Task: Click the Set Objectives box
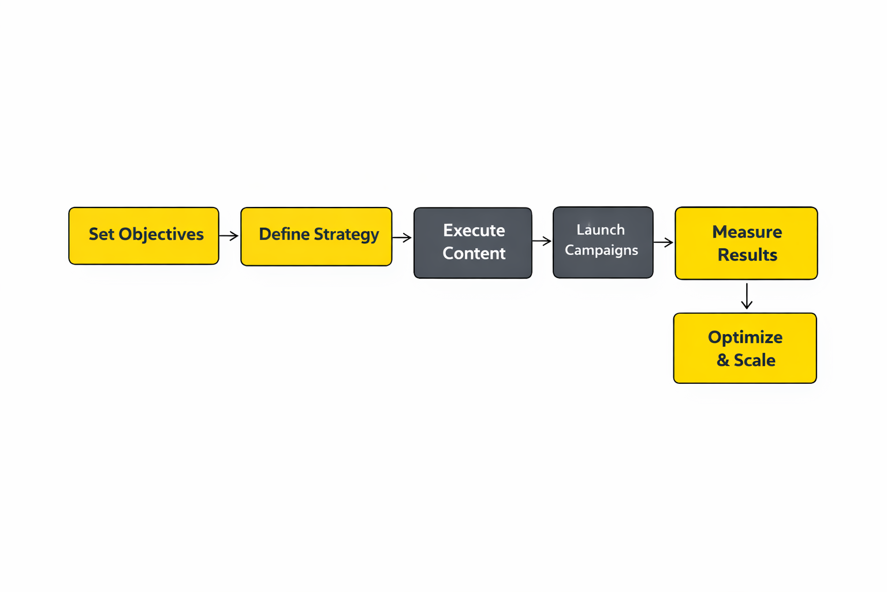(x=144, y=236)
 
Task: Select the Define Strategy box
(x=316, y=236)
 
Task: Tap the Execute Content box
(x=473, y=243)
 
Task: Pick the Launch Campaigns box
(x=603, y=242)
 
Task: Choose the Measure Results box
(x=746, y=243)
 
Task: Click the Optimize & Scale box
(x=745, y=348)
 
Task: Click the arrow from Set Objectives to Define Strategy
(x=229, y=236)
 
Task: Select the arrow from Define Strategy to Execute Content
(x=402, y=237)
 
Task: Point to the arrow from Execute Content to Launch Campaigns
(x=542, y=241)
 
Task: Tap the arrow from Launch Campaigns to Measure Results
(x=664, y=242)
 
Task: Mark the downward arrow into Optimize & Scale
(x=747, y=296)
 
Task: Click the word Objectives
(x=161, y=234)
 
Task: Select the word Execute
(x=474, y=230)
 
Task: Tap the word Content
(x=474, y=253)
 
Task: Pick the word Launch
(x=601, y=230)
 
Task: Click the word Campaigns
(x=601, y=250)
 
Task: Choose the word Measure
(x=747, y=232)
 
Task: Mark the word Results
(x=747, y=255)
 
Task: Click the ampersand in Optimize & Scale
(x=723, y=360)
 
